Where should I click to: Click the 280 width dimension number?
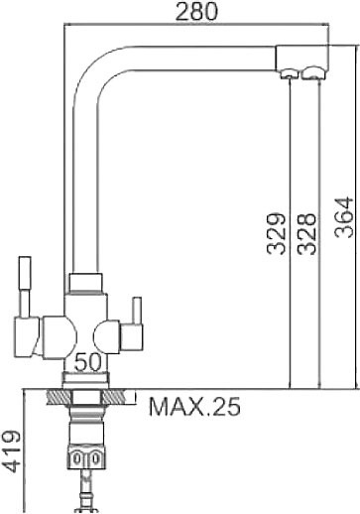coord(196,11)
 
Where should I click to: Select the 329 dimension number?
coord(276,234)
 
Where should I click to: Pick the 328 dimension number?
coord(306,234)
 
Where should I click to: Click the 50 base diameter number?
coord(87,362)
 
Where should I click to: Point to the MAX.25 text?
coord(194,407)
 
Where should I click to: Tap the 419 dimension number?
coord(11,451)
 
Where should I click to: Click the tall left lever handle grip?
coord(25,273)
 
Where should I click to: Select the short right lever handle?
coord(137,311)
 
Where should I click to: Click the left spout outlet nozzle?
coord(287,73)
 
